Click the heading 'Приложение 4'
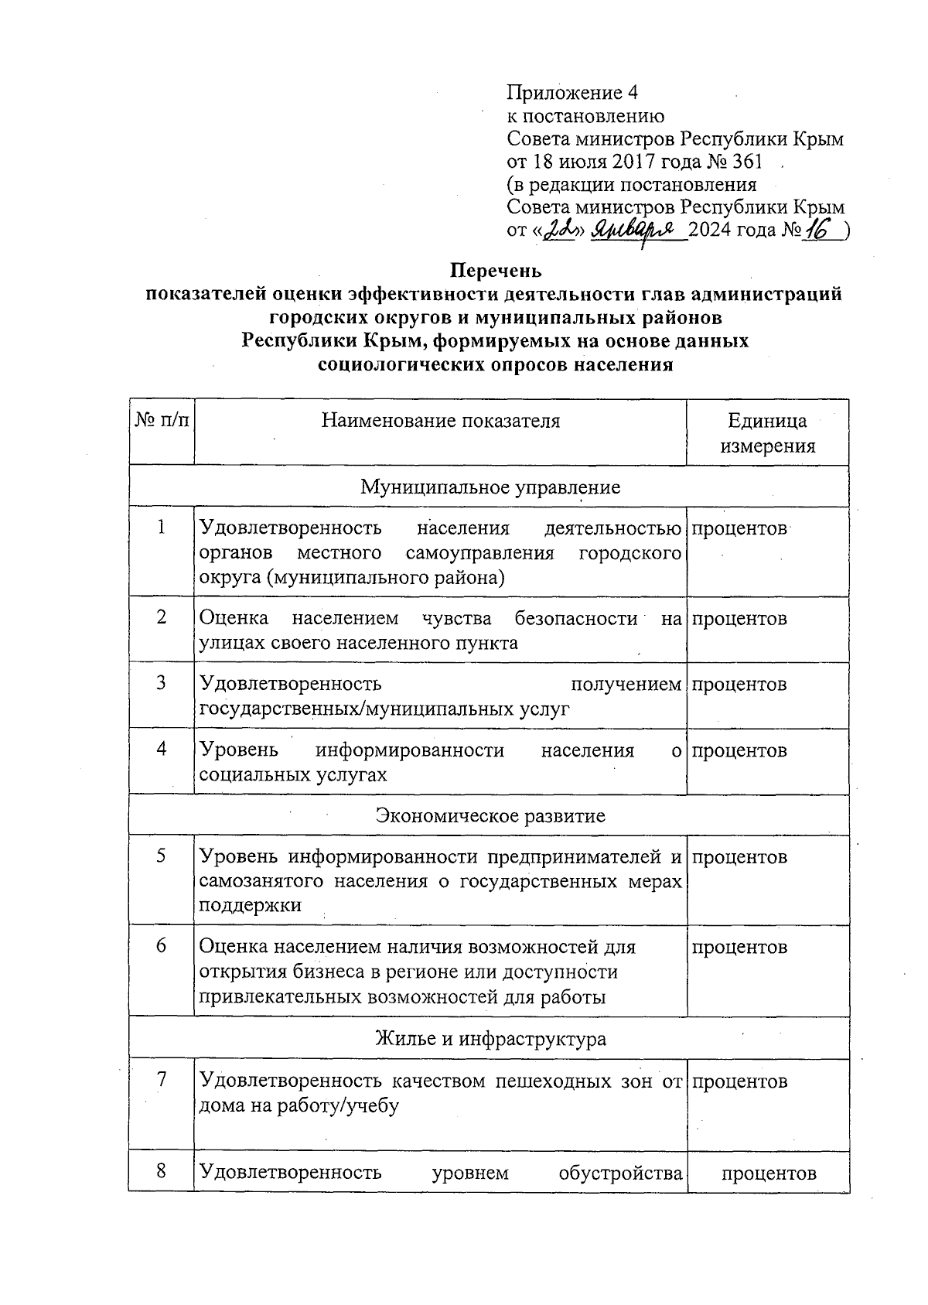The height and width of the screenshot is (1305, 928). click(x=571, y=94)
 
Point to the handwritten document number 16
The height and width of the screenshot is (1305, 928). click(x=815, y=229)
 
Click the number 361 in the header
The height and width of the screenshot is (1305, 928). click(x=744, y=162)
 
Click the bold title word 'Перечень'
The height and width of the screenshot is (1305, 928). click(x=496, y=272)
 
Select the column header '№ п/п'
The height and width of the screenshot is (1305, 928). click(x=161, y=421)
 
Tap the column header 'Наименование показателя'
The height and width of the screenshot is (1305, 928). click(x=440, y=421)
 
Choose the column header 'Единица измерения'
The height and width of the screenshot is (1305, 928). click(x=767, y=433)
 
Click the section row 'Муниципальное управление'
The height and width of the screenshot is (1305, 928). click(x=490, y=487)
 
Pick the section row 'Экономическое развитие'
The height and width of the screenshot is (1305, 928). click(x=490, y=815)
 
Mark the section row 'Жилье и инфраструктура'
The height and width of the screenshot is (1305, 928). click(x=490, y=1039)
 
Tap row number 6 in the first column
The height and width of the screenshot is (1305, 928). click(x=161, y=945)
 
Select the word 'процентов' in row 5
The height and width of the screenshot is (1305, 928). click(x=739, y=857)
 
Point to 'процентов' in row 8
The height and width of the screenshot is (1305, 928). click(x=768, y=1173)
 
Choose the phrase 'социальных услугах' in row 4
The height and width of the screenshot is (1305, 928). click(x=293, y=774)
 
